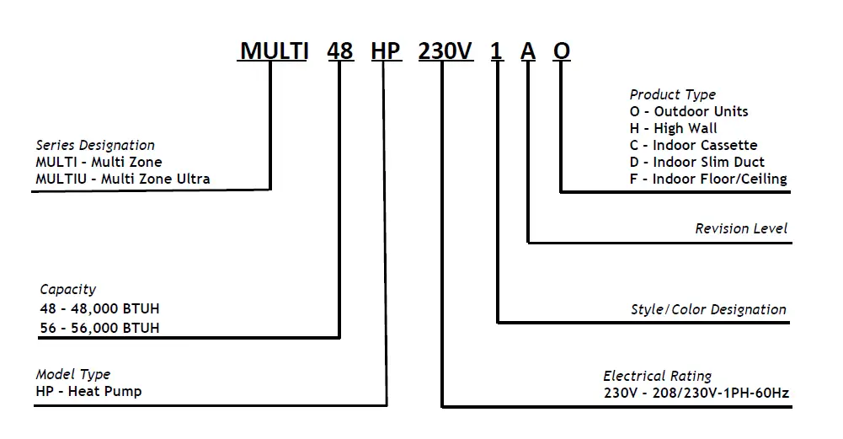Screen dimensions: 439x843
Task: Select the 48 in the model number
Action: (339, 51)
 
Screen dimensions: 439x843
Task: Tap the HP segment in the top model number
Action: (386, 51)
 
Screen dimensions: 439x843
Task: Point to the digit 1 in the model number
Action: (497, 51)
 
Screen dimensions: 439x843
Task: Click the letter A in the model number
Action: (528, 51)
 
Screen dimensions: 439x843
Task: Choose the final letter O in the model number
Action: (562, 51)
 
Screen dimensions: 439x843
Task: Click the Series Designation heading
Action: (95, 145)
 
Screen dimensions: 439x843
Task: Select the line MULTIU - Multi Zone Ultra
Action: (123, 179)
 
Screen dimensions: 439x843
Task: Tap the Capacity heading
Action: (67, 290)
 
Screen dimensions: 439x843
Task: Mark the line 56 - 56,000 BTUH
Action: (99, 328)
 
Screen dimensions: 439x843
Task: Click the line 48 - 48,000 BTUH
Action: (99, 308)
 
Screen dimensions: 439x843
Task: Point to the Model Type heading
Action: (73, 374)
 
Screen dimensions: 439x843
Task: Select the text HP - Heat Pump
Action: (88, 392)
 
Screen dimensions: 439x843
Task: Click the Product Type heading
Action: (672, 94)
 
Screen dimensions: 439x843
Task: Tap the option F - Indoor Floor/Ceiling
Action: (707, 179)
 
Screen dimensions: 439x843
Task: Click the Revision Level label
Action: (741, 228)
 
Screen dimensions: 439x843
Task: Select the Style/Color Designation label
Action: (708, 309)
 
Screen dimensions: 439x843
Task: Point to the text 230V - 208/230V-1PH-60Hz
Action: (696, 393)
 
